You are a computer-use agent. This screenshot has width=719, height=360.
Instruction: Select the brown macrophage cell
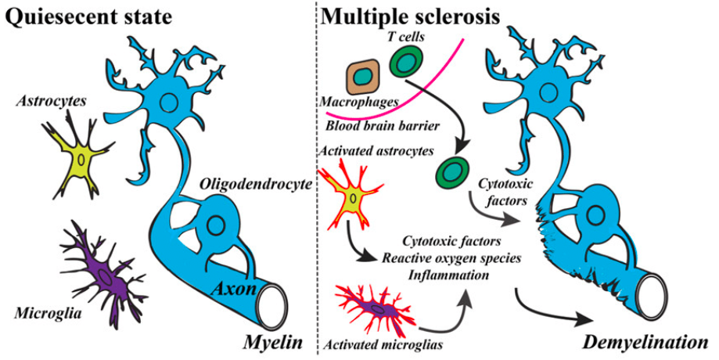point(362,80)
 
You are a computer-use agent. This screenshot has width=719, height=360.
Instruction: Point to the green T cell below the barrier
point(452,171)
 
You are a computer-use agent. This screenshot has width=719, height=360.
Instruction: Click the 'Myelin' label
point(274,341)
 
